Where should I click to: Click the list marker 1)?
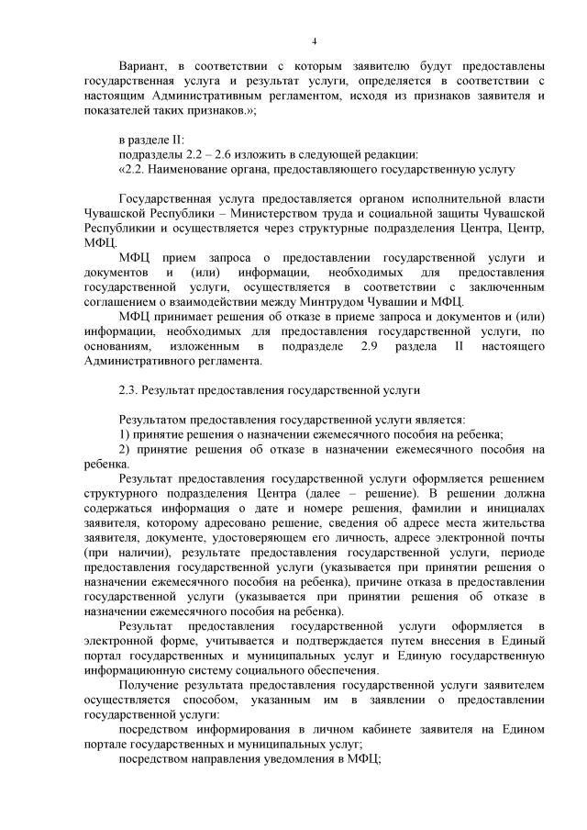click(x=127, y=434)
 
